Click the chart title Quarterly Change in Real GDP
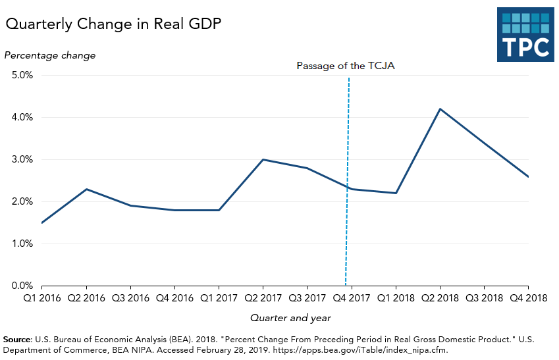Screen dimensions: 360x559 [113, 25]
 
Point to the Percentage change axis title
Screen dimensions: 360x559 [50, 55]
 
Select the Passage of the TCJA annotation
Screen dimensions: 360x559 [345, 66]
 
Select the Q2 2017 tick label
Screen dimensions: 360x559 [263, 298]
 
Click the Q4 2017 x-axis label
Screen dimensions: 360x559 [352, 298]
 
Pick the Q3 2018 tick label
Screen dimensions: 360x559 [485, 298]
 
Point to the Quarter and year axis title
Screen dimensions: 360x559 [290, 318]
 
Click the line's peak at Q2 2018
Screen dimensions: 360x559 [440, 109]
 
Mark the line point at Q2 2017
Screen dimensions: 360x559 [263, 159]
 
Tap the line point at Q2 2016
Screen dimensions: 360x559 [86, 189]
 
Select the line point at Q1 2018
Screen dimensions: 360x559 [396, 193]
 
